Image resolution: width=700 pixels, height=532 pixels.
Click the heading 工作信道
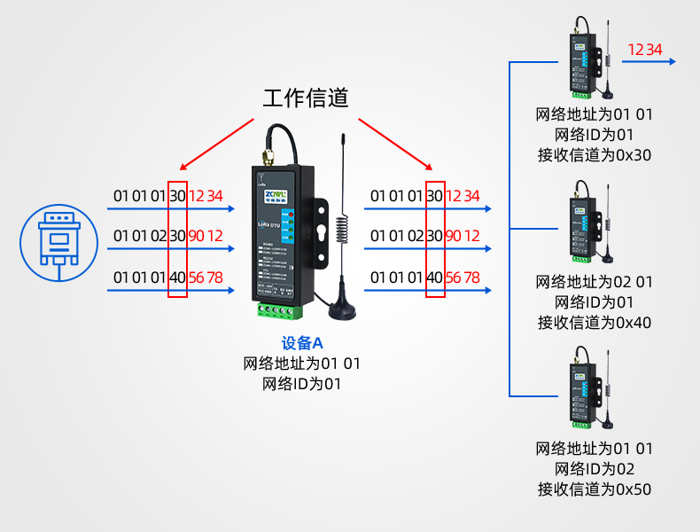click(306, 98)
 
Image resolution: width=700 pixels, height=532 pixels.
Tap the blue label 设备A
click(301, 343)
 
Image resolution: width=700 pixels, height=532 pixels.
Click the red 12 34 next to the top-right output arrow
click(644, 50)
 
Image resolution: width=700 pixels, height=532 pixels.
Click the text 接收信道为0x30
click(594, 155)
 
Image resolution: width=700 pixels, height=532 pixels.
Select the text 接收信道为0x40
click(594, 323)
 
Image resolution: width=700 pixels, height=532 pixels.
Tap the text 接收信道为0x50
click(594, 489)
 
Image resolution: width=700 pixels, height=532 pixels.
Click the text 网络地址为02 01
click(594, 282)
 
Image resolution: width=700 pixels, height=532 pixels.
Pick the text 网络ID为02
click(594, 468)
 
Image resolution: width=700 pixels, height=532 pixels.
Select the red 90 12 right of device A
click(462, 237)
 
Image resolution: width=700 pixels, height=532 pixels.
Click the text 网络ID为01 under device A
click(301, 384)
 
